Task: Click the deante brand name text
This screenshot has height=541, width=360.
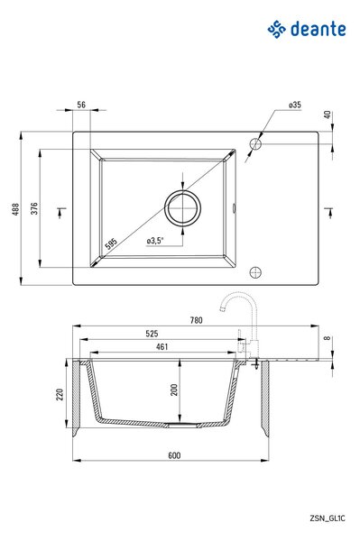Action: click(x=318, y=29)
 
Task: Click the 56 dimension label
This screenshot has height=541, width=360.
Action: click(x=81, y=105)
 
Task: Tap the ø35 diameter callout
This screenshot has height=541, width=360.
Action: click(x=295, y=105)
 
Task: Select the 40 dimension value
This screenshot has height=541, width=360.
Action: click(x=328, y=115)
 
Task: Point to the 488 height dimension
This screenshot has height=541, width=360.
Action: click(x=15, y=209)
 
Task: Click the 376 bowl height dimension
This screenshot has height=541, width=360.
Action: click(x=34, y=208)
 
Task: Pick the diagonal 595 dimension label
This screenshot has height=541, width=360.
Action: click(x=111, y=244)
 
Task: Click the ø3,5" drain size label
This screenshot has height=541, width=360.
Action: click(x=155, y=241)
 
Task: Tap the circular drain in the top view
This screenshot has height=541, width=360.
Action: click(x=182, y=208)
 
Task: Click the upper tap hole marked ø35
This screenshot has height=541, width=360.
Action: click(x=255, y=144)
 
